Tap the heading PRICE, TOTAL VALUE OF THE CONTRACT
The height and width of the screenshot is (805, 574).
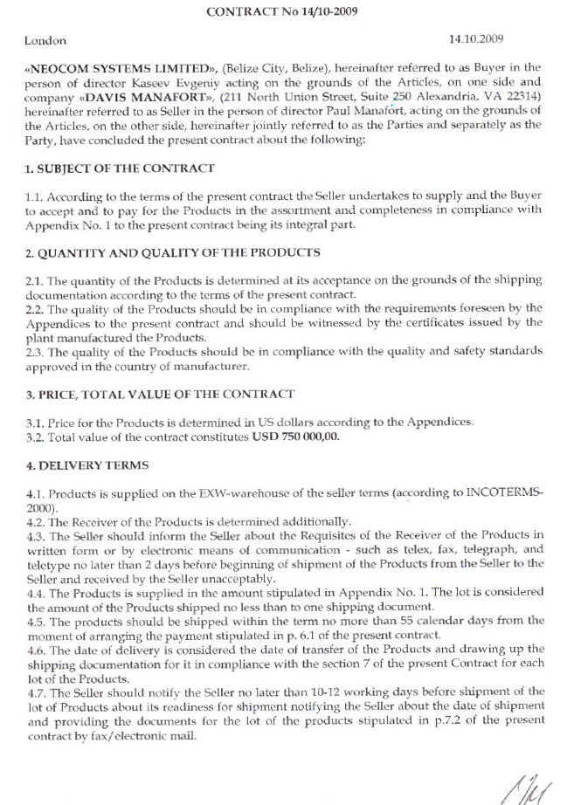pyautogui.click(x=167, y=395)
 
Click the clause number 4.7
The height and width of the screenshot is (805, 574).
pyautogui.click(x=37, y=689)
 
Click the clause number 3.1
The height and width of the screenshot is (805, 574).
pyautogui.click(x=37, y=423)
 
